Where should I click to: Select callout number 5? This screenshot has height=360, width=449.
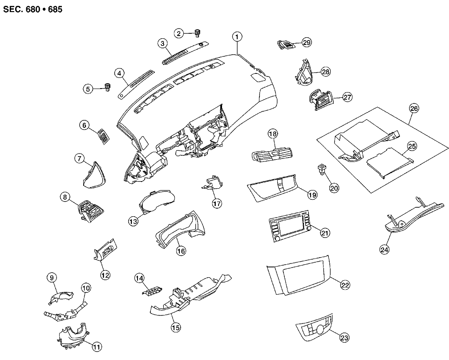point(88,89)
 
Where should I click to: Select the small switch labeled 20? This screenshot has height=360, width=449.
point(321,169)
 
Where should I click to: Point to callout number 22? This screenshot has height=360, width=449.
point(345,285)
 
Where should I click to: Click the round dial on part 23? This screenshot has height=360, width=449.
point(319,330)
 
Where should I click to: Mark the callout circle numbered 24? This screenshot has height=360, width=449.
point(384,250)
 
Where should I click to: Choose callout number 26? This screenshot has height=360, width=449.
point(414,108)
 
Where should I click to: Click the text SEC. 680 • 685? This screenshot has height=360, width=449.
point(29,9)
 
